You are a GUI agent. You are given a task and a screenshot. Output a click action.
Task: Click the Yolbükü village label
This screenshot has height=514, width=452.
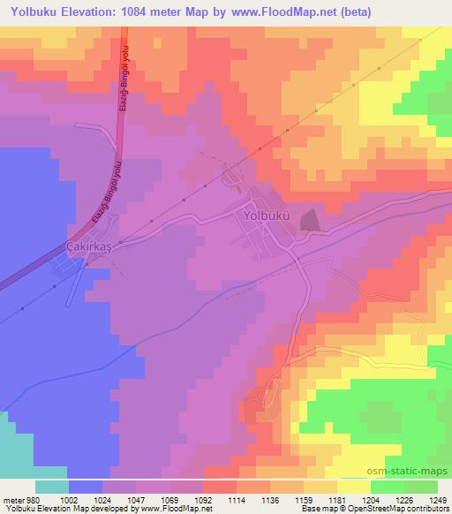coord(261,214)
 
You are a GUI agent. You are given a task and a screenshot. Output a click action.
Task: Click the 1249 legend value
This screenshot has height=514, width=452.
coord(435,500)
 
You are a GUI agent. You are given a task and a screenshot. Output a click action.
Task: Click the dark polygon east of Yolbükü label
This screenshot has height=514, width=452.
coord(310,218)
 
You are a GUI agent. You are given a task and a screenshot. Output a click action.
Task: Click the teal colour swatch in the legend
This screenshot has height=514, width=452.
coord(51,487)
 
